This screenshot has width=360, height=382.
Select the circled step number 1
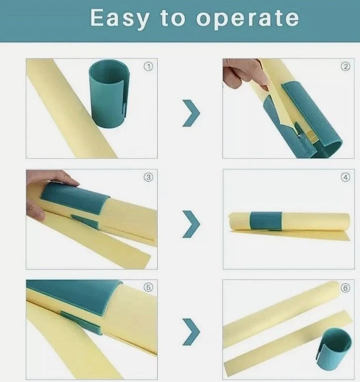click(x=148, y=66)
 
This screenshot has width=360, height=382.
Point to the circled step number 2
click(x=345, y=66)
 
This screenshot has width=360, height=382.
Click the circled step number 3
click(x=148, y=177)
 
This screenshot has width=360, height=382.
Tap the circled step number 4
click(x=345, y=177)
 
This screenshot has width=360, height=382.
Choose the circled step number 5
click(x=148, y=287)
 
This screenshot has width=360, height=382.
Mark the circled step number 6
click(x=345, y=288)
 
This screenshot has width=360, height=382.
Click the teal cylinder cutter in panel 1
click(x=109, y=94)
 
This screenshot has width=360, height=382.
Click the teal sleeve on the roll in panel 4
click(x=266, y=221)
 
